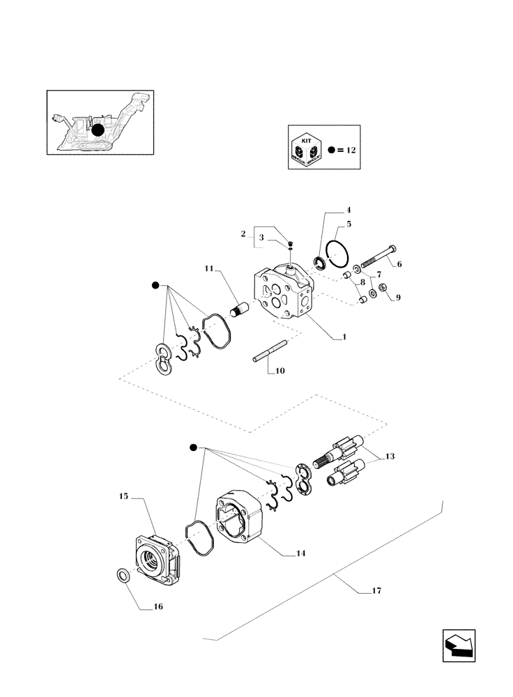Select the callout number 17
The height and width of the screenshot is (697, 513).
point(376,591)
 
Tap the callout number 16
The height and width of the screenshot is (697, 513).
point(158,607)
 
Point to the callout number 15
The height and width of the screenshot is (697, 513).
point(123,496)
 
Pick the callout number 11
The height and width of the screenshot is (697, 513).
point(210,268)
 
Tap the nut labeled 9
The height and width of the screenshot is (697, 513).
point(383,291)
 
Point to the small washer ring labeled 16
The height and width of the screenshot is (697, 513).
point(121,576)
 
